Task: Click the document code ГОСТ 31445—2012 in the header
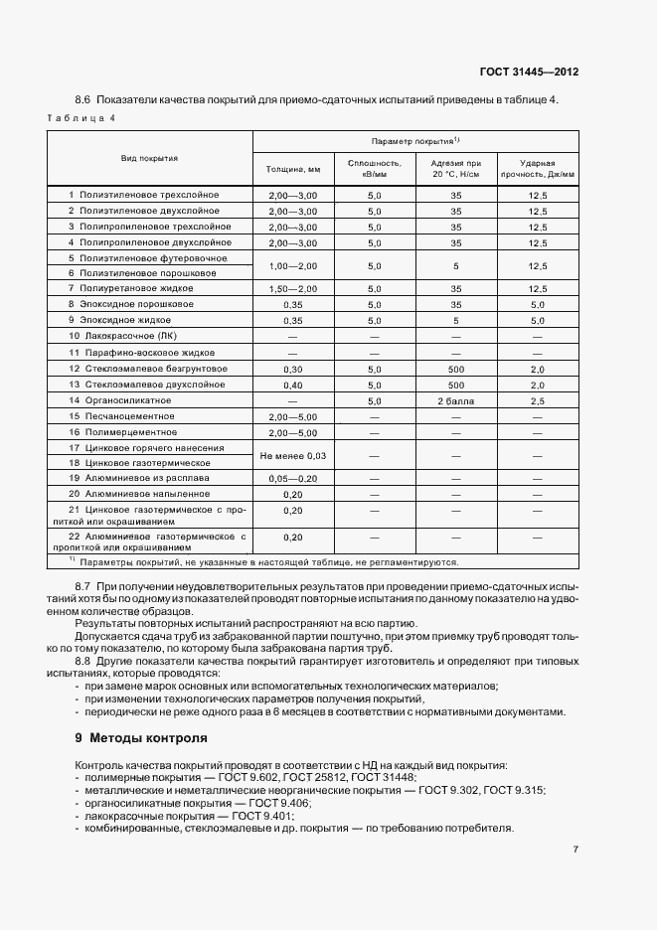click(530, 73)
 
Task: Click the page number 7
click(575, 849)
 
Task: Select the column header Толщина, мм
click(293, 170)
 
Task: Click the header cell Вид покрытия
click(150, 158)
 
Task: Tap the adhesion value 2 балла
click(456, 400)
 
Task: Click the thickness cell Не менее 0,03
click(293, 455)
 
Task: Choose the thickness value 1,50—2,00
click(293, 288)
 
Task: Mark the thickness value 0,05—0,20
click(293, 478)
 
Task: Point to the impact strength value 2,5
click(538, 400)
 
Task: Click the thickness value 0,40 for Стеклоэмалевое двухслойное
click(293, 385)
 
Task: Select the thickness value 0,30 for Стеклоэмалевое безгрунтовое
click(293, 369)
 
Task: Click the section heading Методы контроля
click(148, 738)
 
